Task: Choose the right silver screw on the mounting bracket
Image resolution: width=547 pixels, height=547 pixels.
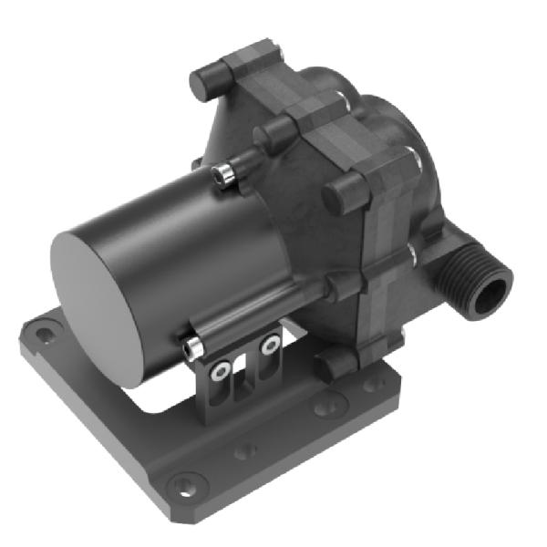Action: tap(271, 344)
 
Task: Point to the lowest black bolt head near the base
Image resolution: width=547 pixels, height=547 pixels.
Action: tap(331, 367)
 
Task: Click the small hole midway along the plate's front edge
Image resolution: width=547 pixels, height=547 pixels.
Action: tap(244, 451)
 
